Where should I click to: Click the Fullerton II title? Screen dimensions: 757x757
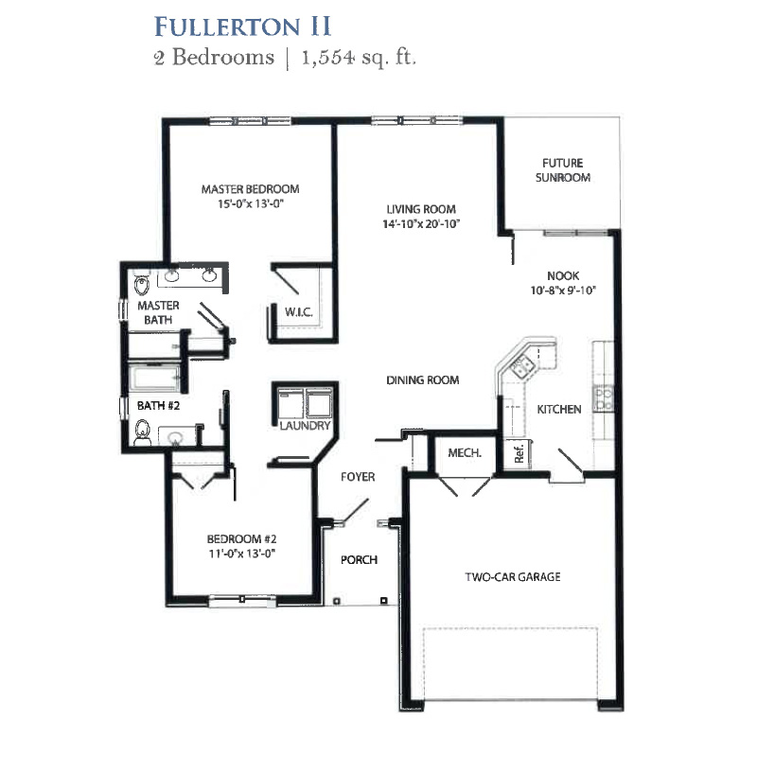(x=242, y=26)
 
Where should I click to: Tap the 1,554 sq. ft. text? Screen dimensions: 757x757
(x=359, y=58)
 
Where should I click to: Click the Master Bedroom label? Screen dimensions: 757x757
(x=250, y=188)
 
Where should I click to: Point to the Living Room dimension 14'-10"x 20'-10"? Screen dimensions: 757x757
(x=421, y=224)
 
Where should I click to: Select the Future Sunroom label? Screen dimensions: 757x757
(x=563, y=170)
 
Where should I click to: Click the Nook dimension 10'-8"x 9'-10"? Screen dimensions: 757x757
(x=563, y=290)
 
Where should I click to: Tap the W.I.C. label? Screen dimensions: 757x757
(x=298, y=312)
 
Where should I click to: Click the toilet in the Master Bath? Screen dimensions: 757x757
(x=142, y=285)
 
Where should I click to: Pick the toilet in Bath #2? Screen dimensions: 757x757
(x=143, y=432)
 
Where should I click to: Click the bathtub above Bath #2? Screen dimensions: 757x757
(x=154, y=378)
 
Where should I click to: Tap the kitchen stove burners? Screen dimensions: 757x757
(x=604, y=399)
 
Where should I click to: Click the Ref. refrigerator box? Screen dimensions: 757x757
(x=518, y=454)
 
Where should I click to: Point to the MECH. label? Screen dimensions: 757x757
(x=465, y=453)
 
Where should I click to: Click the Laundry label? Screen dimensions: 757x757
(x=305, y=425)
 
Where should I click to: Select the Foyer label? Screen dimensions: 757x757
(x=358, y=477)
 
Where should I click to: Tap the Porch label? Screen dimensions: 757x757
(x=359, y=559)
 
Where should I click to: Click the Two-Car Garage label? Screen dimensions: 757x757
(x=513, y=576)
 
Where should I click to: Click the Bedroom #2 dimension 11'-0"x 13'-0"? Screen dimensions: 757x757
(x=242, y=554)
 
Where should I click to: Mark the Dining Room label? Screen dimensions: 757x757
(x=422, y=380)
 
